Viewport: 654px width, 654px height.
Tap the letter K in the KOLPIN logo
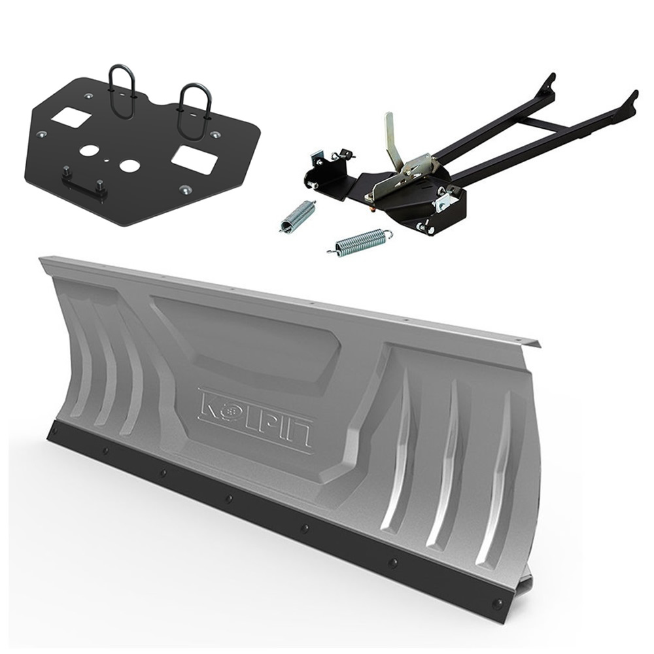209,403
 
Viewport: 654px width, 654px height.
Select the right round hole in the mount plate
129,165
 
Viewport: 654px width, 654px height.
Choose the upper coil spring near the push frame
298,215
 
